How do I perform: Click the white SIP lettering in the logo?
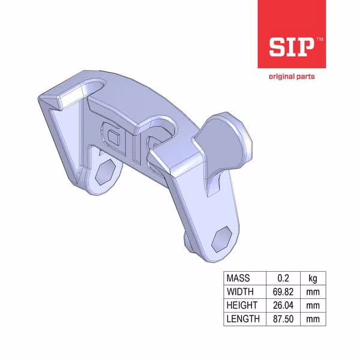pyautogui.click(x=292, y=47)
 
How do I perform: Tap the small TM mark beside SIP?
pyautogui.click(x=320, y=39)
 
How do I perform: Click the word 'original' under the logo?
pyautogui.click(x=282, y=76)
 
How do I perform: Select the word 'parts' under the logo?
pyautogui.click(x=305, y=77)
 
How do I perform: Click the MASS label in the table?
pyautogui.click(x=238, y=278)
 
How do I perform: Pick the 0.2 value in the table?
pyautogui.click(x=283, y=278)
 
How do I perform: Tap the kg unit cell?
pyautogui.click(x=313, y=278)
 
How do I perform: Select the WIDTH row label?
pyautogui.click(x=240, y=292)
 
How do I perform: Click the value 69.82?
pyautogui.click(x=283, y=292)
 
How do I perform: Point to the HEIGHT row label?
pyautogui.click(x=242, y=305)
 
